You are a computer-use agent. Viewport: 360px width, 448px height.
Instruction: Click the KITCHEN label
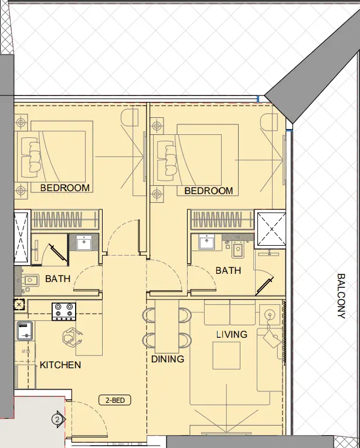[x=60, y=365]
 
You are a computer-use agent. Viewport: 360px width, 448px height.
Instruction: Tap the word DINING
[x=167, y=359]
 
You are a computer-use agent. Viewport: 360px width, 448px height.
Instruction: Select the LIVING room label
[x=232, y=334]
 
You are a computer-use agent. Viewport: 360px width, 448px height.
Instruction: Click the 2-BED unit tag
[x=114, y=401]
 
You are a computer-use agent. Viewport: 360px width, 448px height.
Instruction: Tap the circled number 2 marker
[x=57, y=419]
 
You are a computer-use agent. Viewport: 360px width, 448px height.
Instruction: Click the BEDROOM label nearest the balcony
[x=208, y=191]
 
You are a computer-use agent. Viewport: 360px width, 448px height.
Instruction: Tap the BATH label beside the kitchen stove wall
[x=57, y=279]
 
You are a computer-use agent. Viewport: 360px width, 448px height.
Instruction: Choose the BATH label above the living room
[x=227, y=270]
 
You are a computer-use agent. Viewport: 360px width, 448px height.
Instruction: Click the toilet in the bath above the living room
[x=238, y=249]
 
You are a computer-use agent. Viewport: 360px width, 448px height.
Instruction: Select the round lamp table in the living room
[x=270, y=315]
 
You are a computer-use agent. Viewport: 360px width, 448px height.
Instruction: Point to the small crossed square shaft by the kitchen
[x=19, y=304]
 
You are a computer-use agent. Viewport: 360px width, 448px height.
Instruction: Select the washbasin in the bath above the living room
[x=207, y=242]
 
